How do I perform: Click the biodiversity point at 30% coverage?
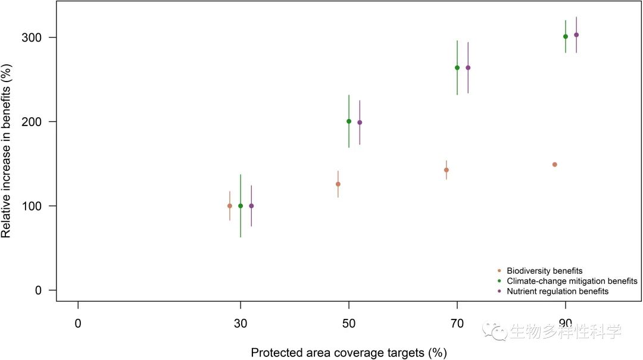coord(230,206)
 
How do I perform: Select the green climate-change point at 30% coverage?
coord(241,206)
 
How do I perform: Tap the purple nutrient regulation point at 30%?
coord(251,206)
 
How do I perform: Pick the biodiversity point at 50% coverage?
coord(338,184)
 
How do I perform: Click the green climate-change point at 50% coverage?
coord(349,121)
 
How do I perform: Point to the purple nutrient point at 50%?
coord(360,123)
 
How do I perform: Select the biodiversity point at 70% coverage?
coord(447,170)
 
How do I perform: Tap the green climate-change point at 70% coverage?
coord(457,68)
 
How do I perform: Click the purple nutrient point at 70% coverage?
coord(468,68)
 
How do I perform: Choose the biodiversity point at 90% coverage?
coord(555,164)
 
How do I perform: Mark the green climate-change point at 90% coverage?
coord(566,36)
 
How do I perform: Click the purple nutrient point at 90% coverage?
coord(576,35)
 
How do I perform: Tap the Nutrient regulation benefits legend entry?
coord(557,292)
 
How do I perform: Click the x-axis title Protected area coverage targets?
coord(349,353)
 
